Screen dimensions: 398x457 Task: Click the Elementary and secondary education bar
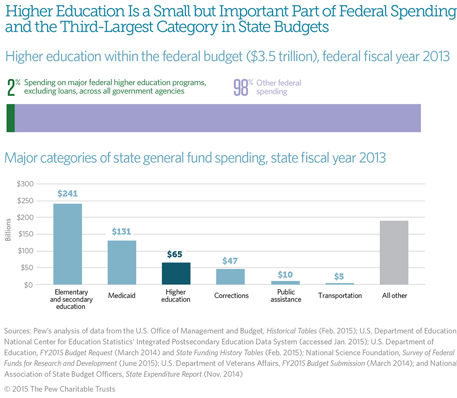tap(68, 244)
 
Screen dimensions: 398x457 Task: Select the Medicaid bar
tap(122, 262)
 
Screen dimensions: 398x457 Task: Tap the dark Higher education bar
tap(176, 273)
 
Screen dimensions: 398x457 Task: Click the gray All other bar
tap(394, 253)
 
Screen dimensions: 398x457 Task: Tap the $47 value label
tap(231, 260)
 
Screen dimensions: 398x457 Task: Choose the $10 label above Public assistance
tap(285, 274)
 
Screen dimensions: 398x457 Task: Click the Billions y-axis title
tap(8, 234)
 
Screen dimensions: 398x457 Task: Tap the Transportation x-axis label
tap(340, 296)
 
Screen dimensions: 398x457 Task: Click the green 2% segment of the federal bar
tap(11, 118)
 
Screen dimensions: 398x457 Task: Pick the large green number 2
tap(12, 87)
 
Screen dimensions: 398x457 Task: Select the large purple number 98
tap(241, 87)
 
